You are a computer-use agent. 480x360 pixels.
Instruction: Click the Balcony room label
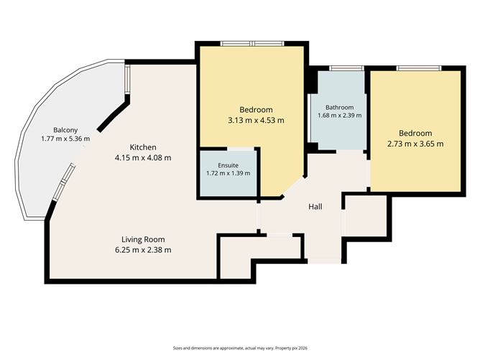coord(65,130)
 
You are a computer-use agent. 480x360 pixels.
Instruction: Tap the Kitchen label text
coord(143,147)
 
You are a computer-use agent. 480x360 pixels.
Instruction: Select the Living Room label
coord(143,239)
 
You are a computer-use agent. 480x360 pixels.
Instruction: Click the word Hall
coord(315,207)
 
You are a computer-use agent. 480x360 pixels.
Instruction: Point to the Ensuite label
coord(228,165)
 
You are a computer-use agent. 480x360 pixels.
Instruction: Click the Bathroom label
coord(339,108)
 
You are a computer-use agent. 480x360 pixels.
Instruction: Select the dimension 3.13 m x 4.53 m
coord(256,120)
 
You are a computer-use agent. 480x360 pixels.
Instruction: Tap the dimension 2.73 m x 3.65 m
coord(415,144)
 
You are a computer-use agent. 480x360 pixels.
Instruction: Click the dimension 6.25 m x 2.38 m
coord(143,250)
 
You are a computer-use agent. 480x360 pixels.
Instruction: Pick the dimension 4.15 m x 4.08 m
coord(143,158)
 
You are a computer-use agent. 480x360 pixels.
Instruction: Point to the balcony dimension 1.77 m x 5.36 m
coord(65,139)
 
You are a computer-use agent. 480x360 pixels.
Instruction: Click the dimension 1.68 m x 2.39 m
coord(339,116)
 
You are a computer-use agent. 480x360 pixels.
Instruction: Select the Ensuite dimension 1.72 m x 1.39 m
coord(228,173)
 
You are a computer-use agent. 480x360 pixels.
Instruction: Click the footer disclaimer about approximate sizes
coord(240,348)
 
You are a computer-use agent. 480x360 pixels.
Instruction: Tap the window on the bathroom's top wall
coord(346,68)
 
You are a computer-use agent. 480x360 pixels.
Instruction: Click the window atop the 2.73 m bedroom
coord(419,68)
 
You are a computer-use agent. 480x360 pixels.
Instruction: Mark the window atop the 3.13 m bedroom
coord(252,43)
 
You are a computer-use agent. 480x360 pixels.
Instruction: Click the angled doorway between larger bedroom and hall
coord(293,186)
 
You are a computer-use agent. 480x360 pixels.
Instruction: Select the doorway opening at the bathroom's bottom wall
coord(350,152)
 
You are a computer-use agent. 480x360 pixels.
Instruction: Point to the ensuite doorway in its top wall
coord(241,149)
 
